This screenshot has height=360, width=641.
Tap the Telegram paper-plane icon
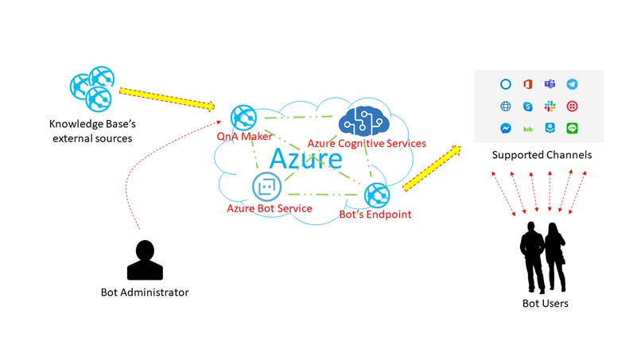572,84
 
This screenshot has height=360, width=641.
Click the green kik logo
527,128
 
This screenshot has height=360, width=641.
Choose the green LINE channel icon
572,128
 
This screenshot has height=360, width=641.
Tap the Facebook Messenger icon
505,128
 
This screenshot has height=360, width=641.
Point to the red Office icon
527,84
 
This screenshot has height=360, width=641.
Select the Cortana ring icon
505,84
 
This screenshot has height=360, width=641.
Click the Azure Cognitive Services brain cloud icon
361,122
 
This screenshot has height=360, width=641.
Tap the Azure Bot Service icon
266,188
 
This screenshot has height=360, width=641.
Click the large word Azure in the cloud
305,158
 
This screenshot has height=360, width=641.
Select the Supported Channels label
541,155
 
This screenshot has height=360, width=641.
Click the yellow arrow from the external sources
167,99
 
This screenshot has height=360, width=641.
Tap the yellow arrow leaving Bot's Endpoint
432,168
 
